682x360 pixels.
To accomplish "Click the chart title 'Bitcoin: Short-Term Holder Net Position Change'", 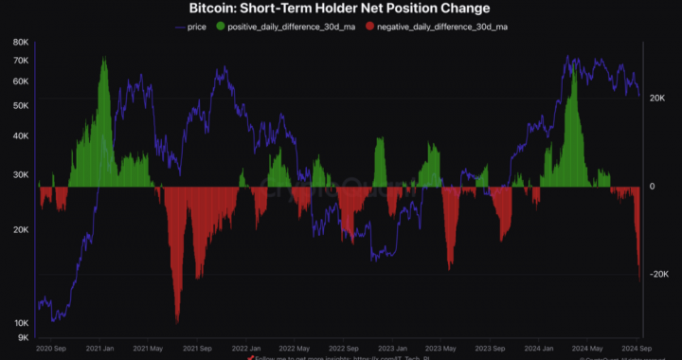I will click(x=341, y=9).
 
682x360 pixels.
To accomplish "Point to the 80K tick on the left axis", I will click(x=20, y=43).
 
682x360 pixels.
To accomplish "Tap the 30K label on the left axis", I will click(x=20, y=174).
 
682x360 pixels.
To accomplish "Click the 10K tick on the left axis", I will click(x=20, y=323).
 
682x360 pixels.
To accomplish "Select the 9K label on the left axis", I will click(x=22, y=337).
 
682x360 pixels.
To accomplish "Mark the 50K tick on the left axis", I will click(x=20, y=105).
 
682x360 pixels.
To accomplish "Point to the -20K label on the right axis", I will click(x=659, y=275).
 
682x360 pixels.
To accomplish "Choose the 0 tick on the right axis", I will click(x=652, y=186).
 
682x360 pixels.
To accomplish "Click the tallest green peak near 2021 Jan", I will click(x=103, y=60).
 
